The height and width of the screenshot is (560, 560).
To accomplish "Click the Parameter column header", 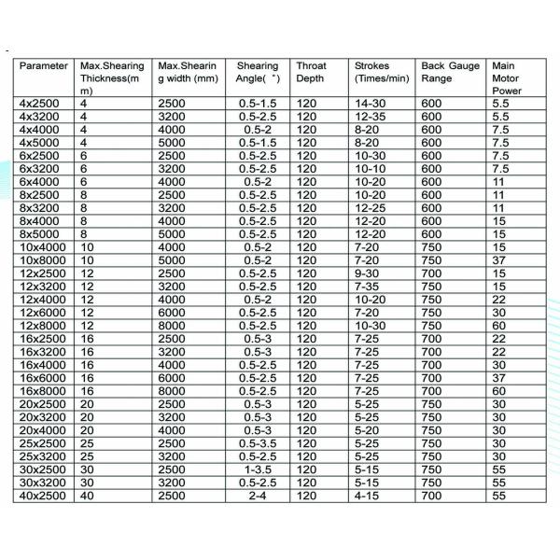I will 44,67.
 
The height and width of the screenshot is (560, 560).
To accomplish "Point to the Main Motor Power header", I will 505,79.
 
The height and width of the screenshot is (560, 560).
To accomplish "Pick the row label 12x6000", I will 41,313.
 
